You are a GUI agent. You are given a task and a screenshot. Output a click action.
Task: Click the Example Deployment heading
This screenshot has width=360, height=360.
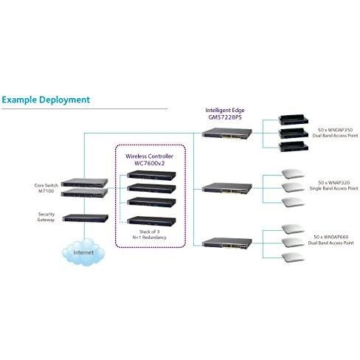pyautogui.click(x=46, y=100)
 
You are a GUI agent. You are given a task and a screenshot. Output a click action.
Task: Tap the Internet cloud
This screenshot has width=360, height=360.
pyautogui.click(x=83, y=252)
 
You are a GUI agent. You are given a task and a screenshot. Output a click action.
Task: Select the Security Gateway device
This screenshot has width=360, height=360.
pyautogui.click(x=86, y=218)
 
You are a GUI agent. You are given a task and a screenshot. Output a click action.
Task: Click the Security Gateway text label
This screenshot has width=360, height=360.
pyautogui.click(x=46, y=217)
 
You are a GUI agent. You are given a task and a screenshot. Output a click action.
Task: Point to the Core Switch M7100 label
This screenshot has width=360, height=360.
pyautogui.click(x=46, y=188)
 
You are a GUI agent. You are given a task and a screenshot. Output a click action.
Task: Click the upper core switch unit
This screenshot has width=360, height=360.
pyautogui.click(x=84, y=183)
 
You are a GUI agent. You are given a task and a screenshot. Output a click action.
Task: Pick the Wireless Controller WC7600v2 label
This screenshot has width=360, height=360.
pyautogui.click(x=149, y=159)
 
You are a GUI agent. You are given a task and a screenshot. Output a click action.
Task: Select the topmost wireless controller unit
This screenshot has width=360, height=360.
pyautogui.click(x=151, y=176)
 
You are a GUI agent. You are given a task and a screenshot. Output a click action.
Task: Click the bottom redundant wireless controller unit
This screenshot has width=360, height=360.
pyautogui.click(x=151, y=221)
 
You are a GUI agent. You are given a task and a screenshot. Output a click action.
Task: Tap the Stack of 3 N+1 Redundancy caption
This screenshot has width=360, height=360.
pyautogui.click(x=150, y=235)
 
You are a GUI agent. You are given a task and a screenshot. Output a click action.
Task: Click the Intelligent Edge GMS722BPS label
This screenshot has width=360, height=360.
pyautogui.click(x=225, y=114)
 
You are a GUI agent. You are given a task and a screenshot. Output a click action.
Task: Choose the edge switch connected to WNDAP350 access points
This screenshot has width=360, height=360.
pyautogui.click(x=227, y=133)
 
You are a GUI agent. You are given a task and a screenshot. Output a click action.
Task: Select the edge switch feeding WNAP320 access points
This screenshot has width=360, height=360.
pyautogui.click(x=227, y=188)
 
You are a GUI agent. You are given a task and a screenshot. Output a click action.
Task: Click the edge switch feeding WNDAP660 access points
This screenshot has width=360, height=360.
pyautogui.click(x=227, y=243)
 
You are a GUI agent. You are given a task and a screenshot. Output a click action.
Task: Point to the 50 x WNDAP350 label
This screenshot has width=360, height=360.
pyautogui.click(x=335, y=133)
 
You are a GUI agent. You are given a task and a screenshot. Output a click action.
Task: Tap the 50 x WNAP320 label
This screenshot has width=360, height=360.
pyautogui.click(x=333, y=185)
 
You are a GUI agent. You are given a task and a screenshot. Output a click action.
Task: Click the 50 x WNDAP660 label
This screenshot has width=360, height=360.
pyautogui.click(x=331, y=240)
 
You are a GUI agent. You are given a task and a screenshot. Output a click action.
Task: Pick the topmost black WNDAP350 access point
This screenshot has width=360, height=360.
pyautogui.click(x=293, y=120)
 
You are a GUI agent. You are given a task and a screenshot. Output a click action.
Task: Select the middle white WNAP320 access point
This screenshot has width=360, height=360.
pyautogui.click(x=293, y=187)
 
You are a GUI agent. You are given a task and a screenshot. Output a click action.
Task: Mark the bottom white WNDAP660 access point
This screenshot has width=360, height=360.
pyautogui.click(x=293, y=257)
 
